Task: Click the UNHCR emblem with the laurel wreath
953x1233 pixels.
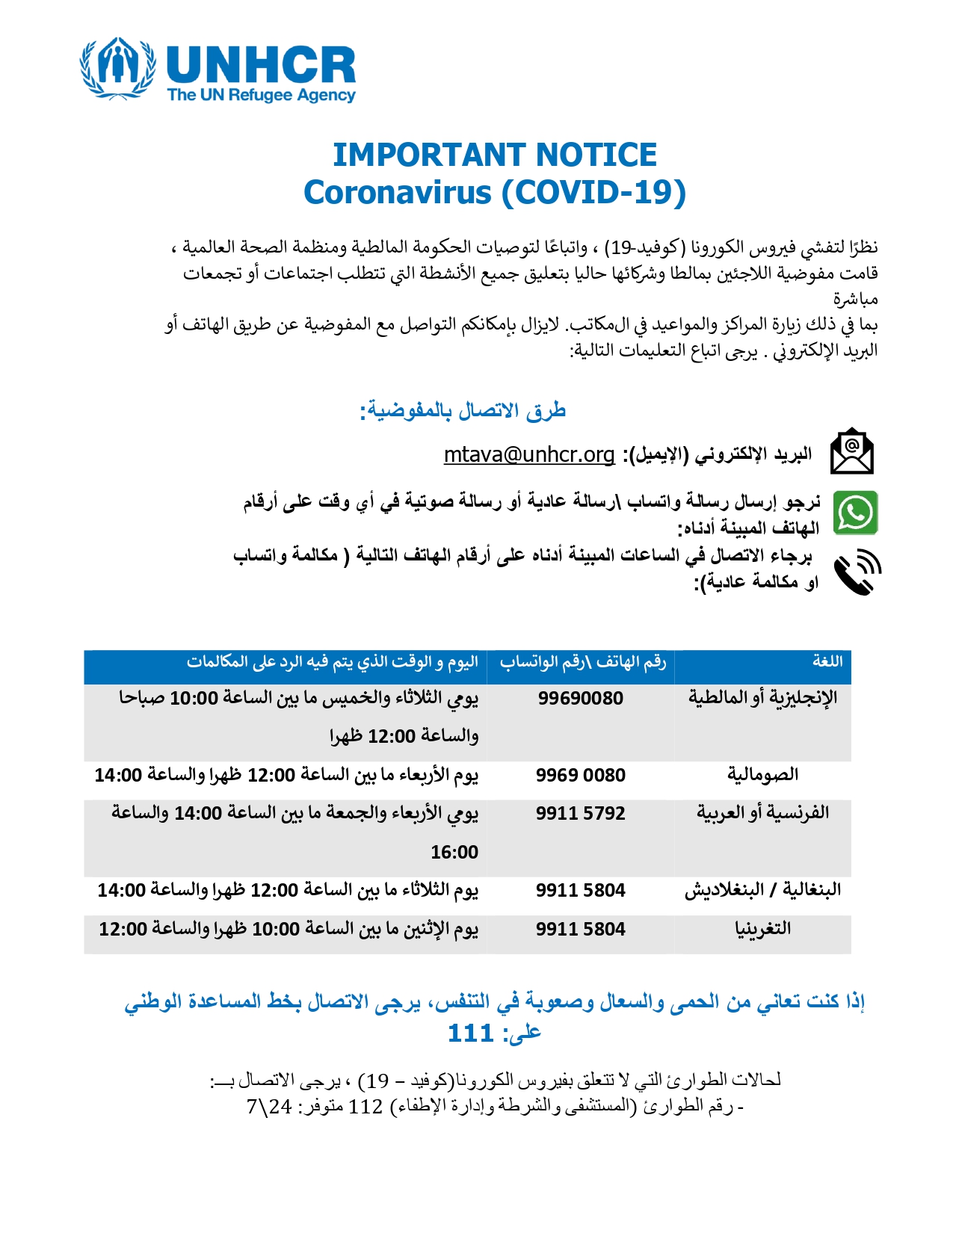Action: click(117, 69)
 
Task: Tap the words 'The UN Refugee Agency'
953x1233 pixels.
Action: click(261, 95)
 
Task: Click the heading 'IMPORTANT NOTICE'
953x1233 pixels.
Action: click(494, 155)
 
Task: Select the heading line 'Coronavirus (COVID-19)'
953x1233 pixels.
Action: click(494, 192)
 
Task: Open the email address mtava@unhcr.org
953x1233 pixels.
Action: click(528, 454)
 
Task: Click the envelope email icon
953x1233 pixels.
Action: click(852, 451)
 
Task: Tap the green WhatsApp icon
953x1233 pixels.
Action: click(855, 513)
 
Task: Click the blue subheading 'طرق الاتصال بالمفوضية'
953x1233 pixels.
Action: click(463, 410)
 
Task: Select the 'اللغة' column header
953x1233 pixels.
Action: click(827, 661)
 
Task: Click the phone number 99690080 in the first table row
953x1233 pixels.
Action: click(581, 698)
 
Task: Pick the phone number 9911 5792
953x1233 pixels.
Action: click(581, 813)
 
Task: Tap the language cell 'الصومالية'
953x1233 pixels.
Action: click(762, 775)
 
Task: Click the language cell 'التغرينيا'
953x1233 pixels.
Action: click(762, 929)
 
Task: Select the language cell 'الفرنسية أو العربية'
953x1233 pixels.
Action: click(762, 813)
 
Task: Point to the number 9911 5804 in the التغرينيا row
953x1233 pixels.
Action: click(581, 929)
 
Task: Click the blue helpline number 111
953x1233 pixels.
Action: click(470, 1033)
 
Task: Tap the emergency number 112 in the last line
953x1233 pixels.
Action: click(366, 1106)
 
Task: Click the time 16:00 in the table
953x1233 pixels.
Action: click(454, 852)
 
